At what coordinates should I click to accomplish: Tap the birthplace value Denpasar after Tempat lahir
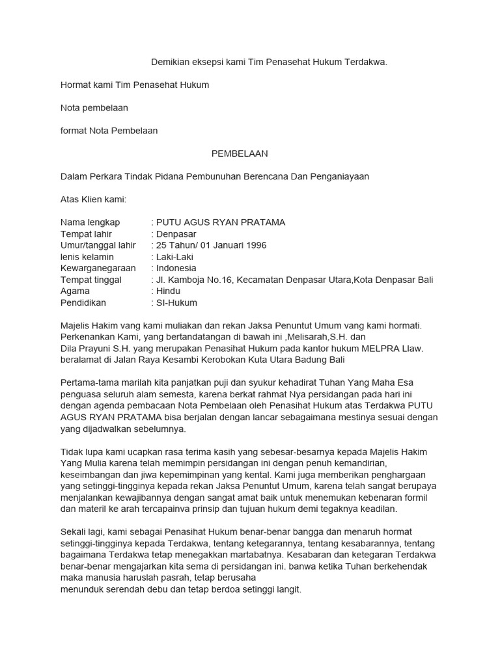(x=176, y=234)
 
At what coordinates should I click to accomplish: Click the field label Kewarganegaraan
(x=98, y=268)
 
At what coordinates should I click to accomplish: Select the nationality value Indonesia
(x=176, y=268)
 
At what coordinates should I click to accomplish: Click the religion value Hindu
(x=168, y=291)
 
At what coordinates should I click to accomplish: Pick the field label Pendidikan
(x=83, y=302)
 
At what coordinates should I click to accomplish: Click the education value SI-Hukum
(x=176, y=302)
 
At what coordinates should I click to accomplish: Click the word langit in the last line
(x=286, y=590)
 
